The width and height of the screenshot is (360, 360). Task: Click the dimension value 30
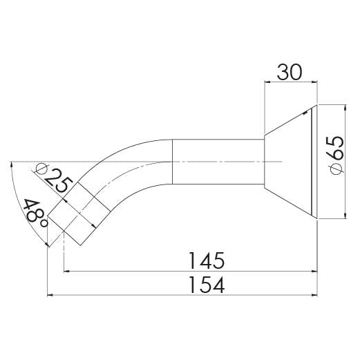point(291,71)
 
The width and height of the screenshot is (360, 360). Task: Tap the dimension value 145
point(207,260)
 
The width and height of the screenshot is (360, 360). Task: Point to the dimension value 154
point(207,285)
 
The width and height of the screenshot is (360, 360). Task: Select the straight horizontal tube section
point(218,161)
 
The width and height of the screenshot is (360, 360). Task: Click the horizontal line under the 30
point(291,82)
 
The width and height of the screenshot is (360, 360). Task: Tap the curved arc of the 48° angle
point(25,207)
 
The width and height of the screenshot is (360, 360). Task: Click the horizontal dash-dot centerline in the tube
point(228,161)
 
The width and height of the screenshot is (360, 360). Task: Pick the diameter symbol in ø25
point(41,168)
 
